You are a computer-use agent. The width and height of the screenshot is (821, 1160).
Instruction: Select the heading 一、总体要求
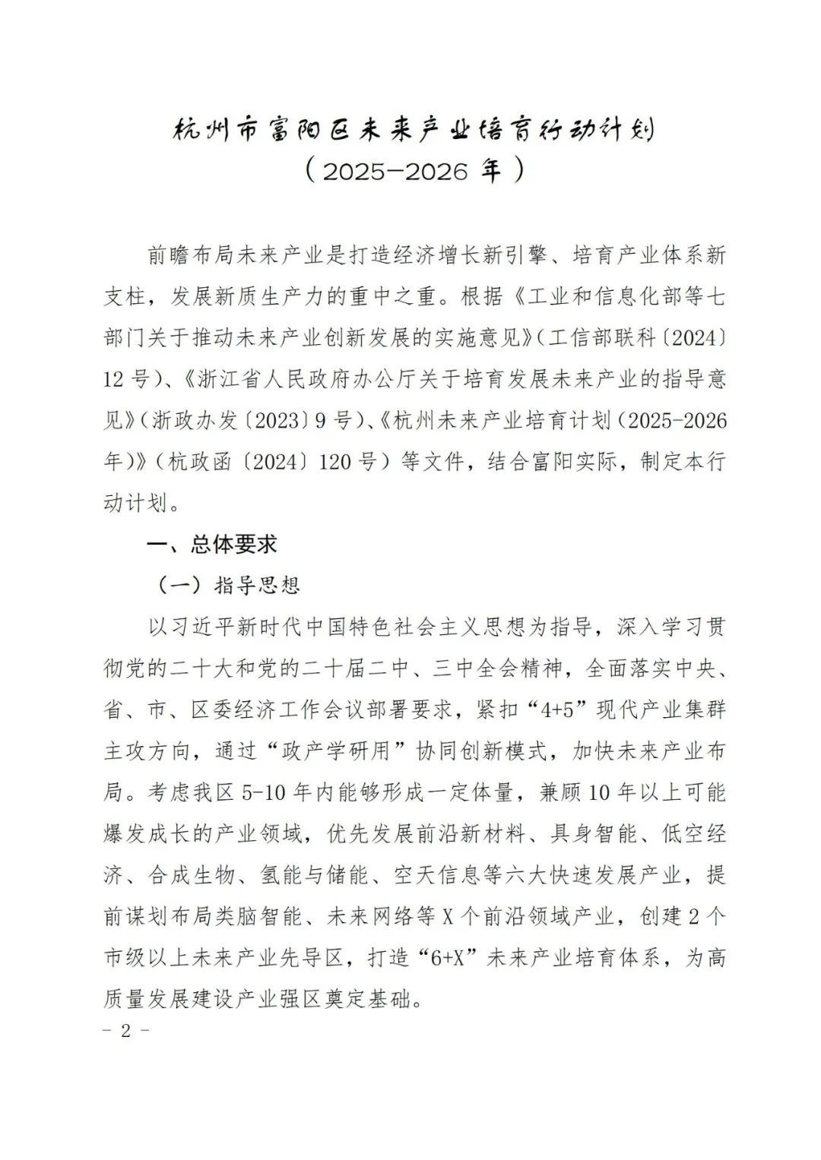click(x=212, y=544)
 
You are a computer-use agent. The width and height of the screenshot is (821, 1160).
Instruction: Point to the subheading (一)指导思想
click(x=228, y=584)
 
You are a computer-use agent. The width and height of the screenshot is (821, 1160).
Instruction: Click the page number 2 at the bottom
click(x=126, y=1032)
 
